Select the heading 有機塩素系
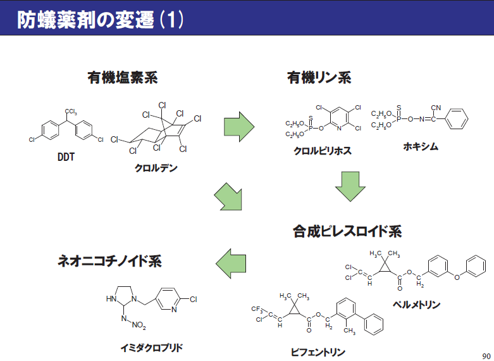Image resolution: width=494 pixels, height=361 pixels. point(122,78)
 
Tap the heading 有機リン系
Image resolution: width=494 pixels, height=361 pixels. point(319,78)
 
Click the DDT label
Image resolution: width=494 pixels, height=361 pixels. point(66,156)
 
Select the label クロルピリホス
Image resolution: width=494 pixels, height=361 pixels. point(323,151)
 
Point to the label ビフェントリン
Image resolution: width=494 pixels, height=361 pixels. point(318,351)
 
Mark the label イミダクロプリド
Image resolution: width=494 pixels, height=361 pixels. point(154,347)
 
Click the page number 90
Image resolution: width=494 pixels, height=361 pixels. point(485,354)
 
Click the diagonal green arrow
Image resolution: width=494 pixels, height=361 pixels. point(228,197)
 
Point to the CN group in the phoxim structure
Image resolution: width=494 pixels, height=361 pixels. point(436,108)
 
